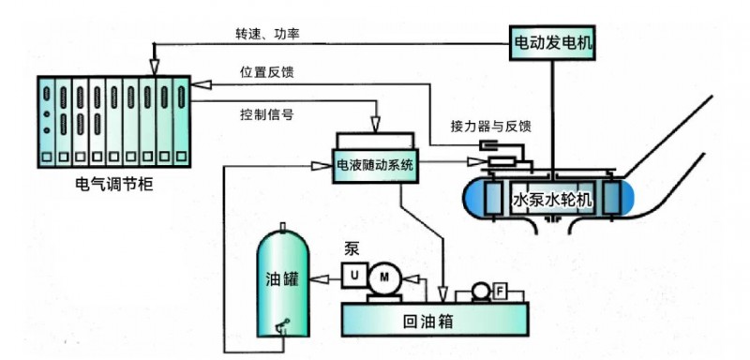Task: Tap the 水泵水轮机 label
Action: click(554, 202)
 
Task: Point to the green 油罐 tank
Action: click(284, 280)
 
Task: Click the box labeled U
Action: click(352, 276)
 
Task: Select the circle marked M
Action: click(382, 276)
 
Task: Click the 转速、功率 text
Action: click(267, 35)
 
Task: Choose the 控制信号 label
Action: click(267, 115)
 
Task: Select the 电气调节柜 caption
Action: click(112, 183)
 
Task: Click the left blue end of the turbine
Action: click(486, 200)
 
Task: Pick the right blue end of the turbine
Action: click(620, 200)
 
